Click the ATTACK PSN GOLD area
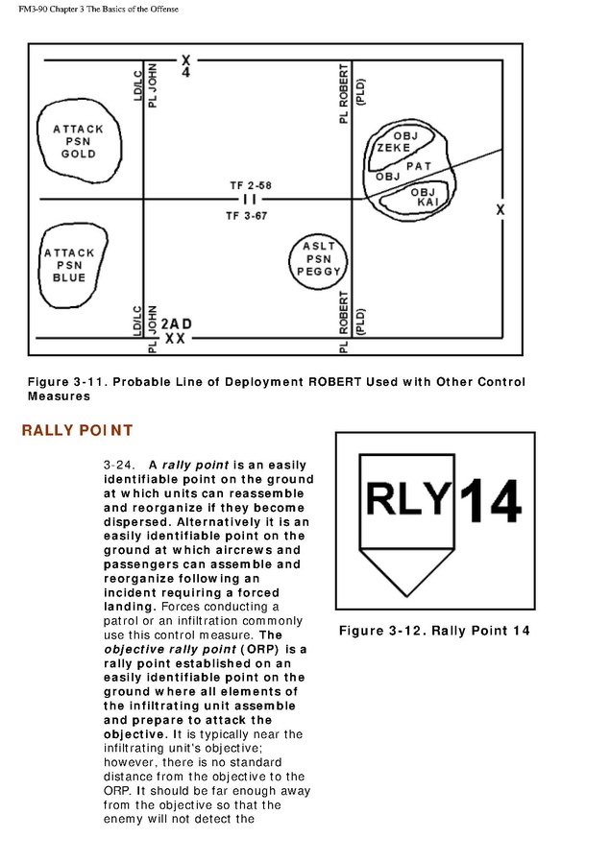click(x=79, y=141)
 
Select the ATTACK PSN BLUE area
click(x=69, y=265)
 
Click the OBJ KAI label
click(x=424, y=198)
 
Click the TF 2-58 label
click(x=249, y=184)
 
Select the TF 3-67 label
click(x=247, y=216)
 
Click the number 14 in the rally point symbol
click(x=490, y=502)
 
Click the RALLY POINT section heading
click(x=77, y=430)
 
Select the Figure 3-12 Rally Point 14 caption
click(x=434, y=631)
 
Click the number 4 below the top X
click(x=185, y=73)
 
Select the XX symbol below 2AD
click(x=175, y=339)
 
